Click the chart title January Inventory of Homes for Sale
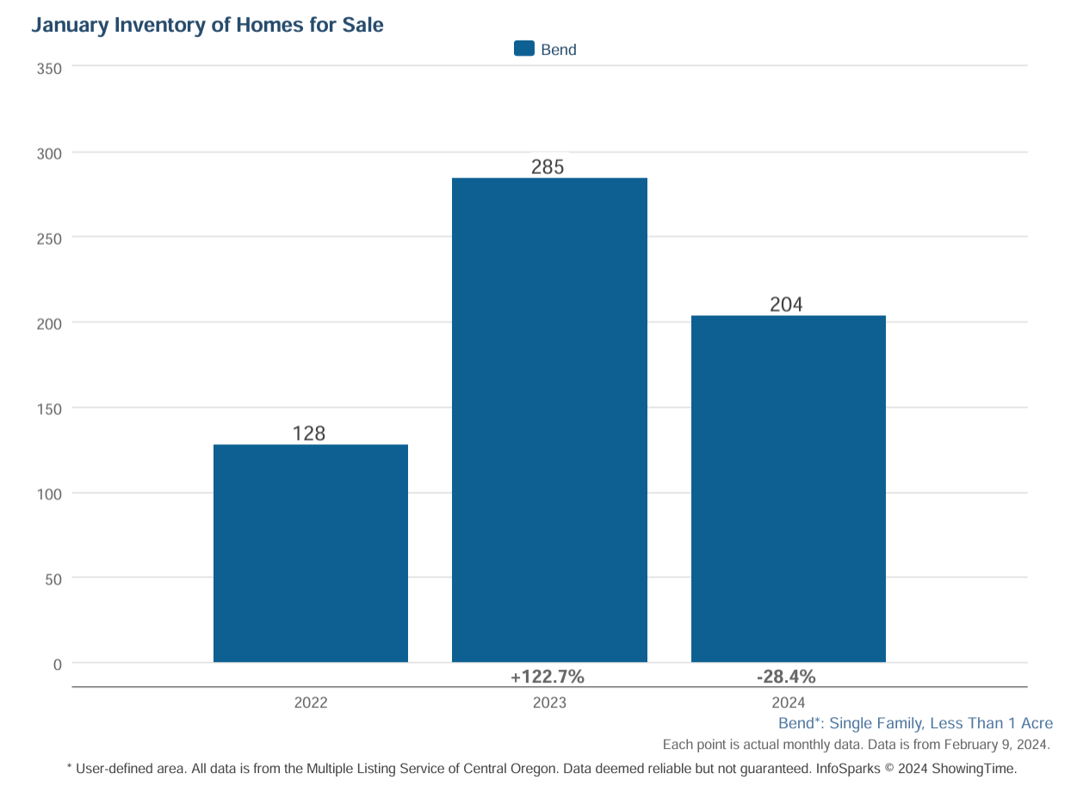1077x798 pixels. [x=207, y=26]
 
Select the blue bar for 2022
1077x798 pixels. [x=310, y=554]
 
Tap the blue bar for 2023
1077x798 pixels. [x=549, y=420]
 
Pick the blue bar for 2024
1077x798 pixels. [x=788, y=489]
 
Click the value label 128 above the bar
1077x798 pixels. [x=310, y=433]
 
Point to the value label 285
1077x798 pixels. [x=548, y=167]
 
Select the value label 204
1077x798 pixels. [x=786, y=305]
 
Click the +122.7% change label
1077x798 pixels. [x=548, y=677]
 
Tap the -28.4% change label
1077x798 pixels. [x=786, y=677]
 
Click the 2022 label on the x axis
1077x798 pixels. [x=311, y=702]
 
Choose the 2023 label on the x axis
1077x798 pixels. [x=549, y=702]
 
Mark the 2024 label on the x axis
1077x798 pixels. [x=789, y=702]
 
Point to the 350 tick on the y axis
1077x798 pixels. [x=49, y=69]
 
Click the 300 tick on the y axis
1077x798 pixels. [x=49, y=154]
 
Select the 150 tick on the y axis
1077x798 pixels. [x=49, y=409]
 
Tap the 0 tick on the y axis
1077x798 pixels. [x=57, y=665]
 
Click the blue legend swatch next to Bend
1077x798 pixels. [x=524, y=49]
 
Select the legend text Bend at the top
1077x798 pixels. [x=559, y=50]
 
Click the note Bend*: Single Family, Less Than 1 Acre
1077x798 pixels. [x=915, y=723]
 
